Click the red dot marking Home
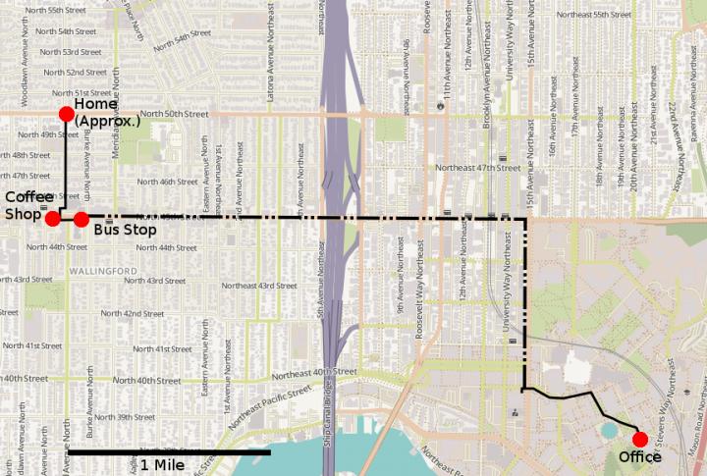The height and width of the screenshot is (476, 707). (x=66, y=114)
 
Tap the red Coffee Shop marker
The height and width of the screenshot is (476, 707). (x=52, y=218)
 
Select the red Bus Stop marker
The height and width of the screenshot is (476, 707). (x=82, y=218)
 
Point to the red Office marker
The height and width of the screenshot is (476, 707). (x=640, y=439)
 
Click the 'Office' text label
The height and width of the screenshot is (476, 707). (x=640, y=457)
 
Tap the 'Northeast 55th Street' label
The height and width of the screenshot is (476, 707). (x=592, y=16)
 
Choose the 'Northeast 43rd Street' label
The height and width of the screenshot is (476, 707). (x=258, y=286)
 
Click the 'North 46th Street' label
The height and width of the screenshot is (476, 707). (x=168, y=182)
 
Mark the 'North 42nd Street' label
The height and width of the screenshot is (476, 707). (x=132, y=313)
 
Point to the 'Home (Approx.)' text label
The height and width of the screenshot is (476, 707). (x=108, y=113)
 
